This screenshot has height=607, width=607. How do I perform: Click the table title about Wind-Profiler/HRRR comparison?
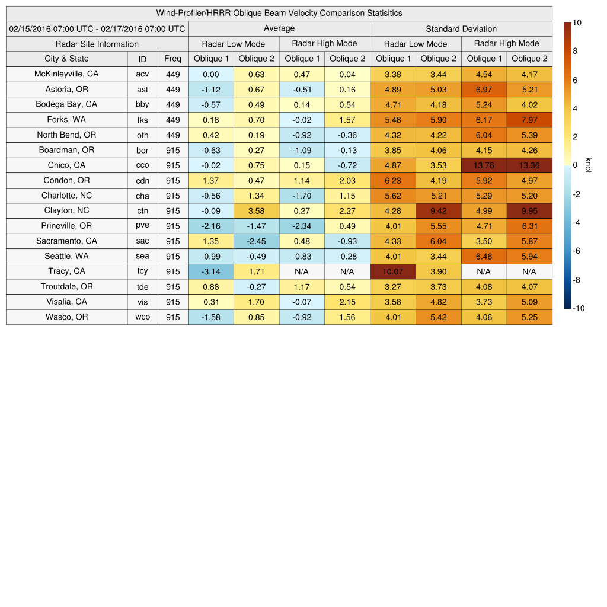pos(279,13)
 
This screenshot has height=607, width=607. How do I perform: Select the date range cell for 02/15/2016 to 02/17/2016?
pos(97,28)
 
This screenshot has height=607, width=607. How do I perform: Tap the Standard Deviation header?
pos(461,28)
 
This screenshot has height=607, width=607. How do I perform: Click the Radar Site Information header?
pos(97,44)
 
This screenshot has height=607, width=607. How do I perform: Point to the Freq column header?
pos(172,59)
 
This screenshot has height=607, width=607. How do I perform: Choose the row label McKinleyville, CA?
pos(66,74)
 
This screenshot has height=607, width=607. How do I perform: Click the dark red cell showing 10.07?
pos(393,271)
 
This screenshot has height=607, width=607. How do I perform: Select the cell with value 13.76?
pos(484,165)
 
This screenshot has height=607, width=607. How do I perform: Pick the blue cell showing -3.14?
pos(210,271)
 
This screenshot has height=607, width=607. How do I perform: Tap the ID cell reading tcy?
pos(142,271)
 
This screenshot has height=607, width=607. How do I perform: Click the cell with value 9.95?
pos(529,210)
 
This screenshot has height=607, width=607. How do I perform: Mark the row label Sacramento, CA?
pos(66,241)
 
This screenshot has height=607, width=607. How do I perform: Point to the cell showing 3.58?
pos(256,210)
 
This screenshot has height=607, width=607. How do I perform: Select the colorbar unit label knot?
pos(588,165)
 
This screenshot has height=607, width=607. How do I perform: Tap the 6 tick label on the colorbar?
pos(575,80)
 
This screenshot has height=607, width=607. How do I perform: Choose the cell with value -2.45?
pos(256,241)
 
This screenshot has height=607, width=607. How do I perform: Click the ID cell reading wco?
pos(142,317)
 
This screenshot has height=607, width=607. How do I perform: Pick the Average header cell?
pos(279,28)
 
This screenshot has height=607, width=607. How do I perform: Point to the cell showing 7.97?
pos(529,120)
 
